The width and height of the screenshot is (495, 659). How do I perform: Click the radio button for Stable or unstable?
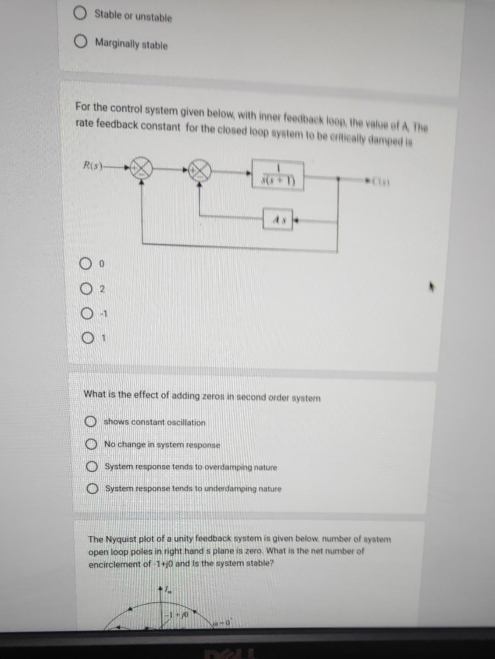80,14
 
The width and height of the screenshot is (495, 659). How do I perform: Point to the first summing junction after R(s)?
141,169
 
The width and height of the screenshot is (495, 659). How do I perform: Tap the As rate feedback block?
278,220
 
